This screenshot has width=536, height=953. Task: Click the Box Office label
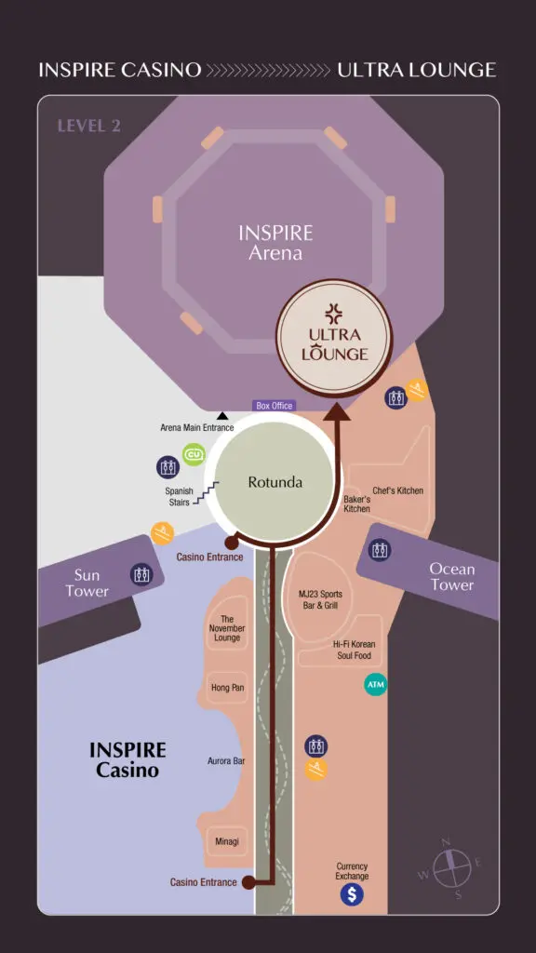[x=275, y=406]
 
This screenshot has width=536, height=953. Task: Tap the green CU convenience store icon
[x=194, y=454]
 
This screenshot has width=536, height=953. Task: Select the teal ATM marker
[x=375, y=685]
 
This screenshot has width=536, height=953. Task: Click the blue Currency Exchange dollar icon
[x=351, y=894]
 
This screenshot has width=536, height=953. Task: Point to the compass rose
[x=451, y=867]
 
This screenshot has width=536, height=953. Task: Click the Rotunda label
[x=275, y=483]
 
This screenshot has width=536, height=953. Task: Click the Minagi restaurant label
[x=227, y=841]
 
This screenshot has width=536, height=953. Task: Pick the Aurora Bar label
[x=226, y=760]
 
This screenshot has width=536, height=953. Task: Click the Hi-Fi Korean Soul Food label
[x=355, y=650]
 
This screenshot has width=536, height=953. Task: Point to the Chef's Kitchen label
[x=397, y=490]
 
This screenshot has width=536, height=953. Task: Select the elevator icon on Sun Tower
[x=141, y=574]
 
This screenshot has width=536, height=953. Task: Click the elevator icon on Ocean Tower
[x=380, y=550]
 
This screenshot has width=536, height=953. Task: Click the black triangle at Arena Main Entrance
[x=222, y=416]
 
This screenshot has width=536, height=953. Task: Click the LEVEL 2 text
[x=88, y=126]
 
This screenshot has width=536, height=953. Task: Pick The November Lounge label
[x=227, y=628]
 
